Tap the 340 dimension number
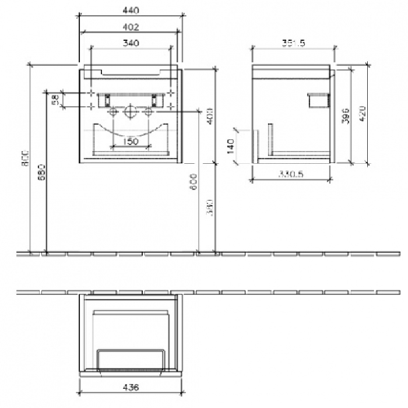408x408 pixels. pyautogui.click(x=131, y=43)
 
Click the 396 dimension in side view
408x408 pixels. pyautogui.click(x=345, y=114)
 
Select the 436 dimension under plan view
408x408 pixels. pyautogui.click(x=131, y=386)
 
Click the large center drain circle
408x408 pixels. pyautogui.click(x=131, y=111)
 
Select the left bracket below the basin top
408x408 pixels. pyautogui.click(x=108, y=100)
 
